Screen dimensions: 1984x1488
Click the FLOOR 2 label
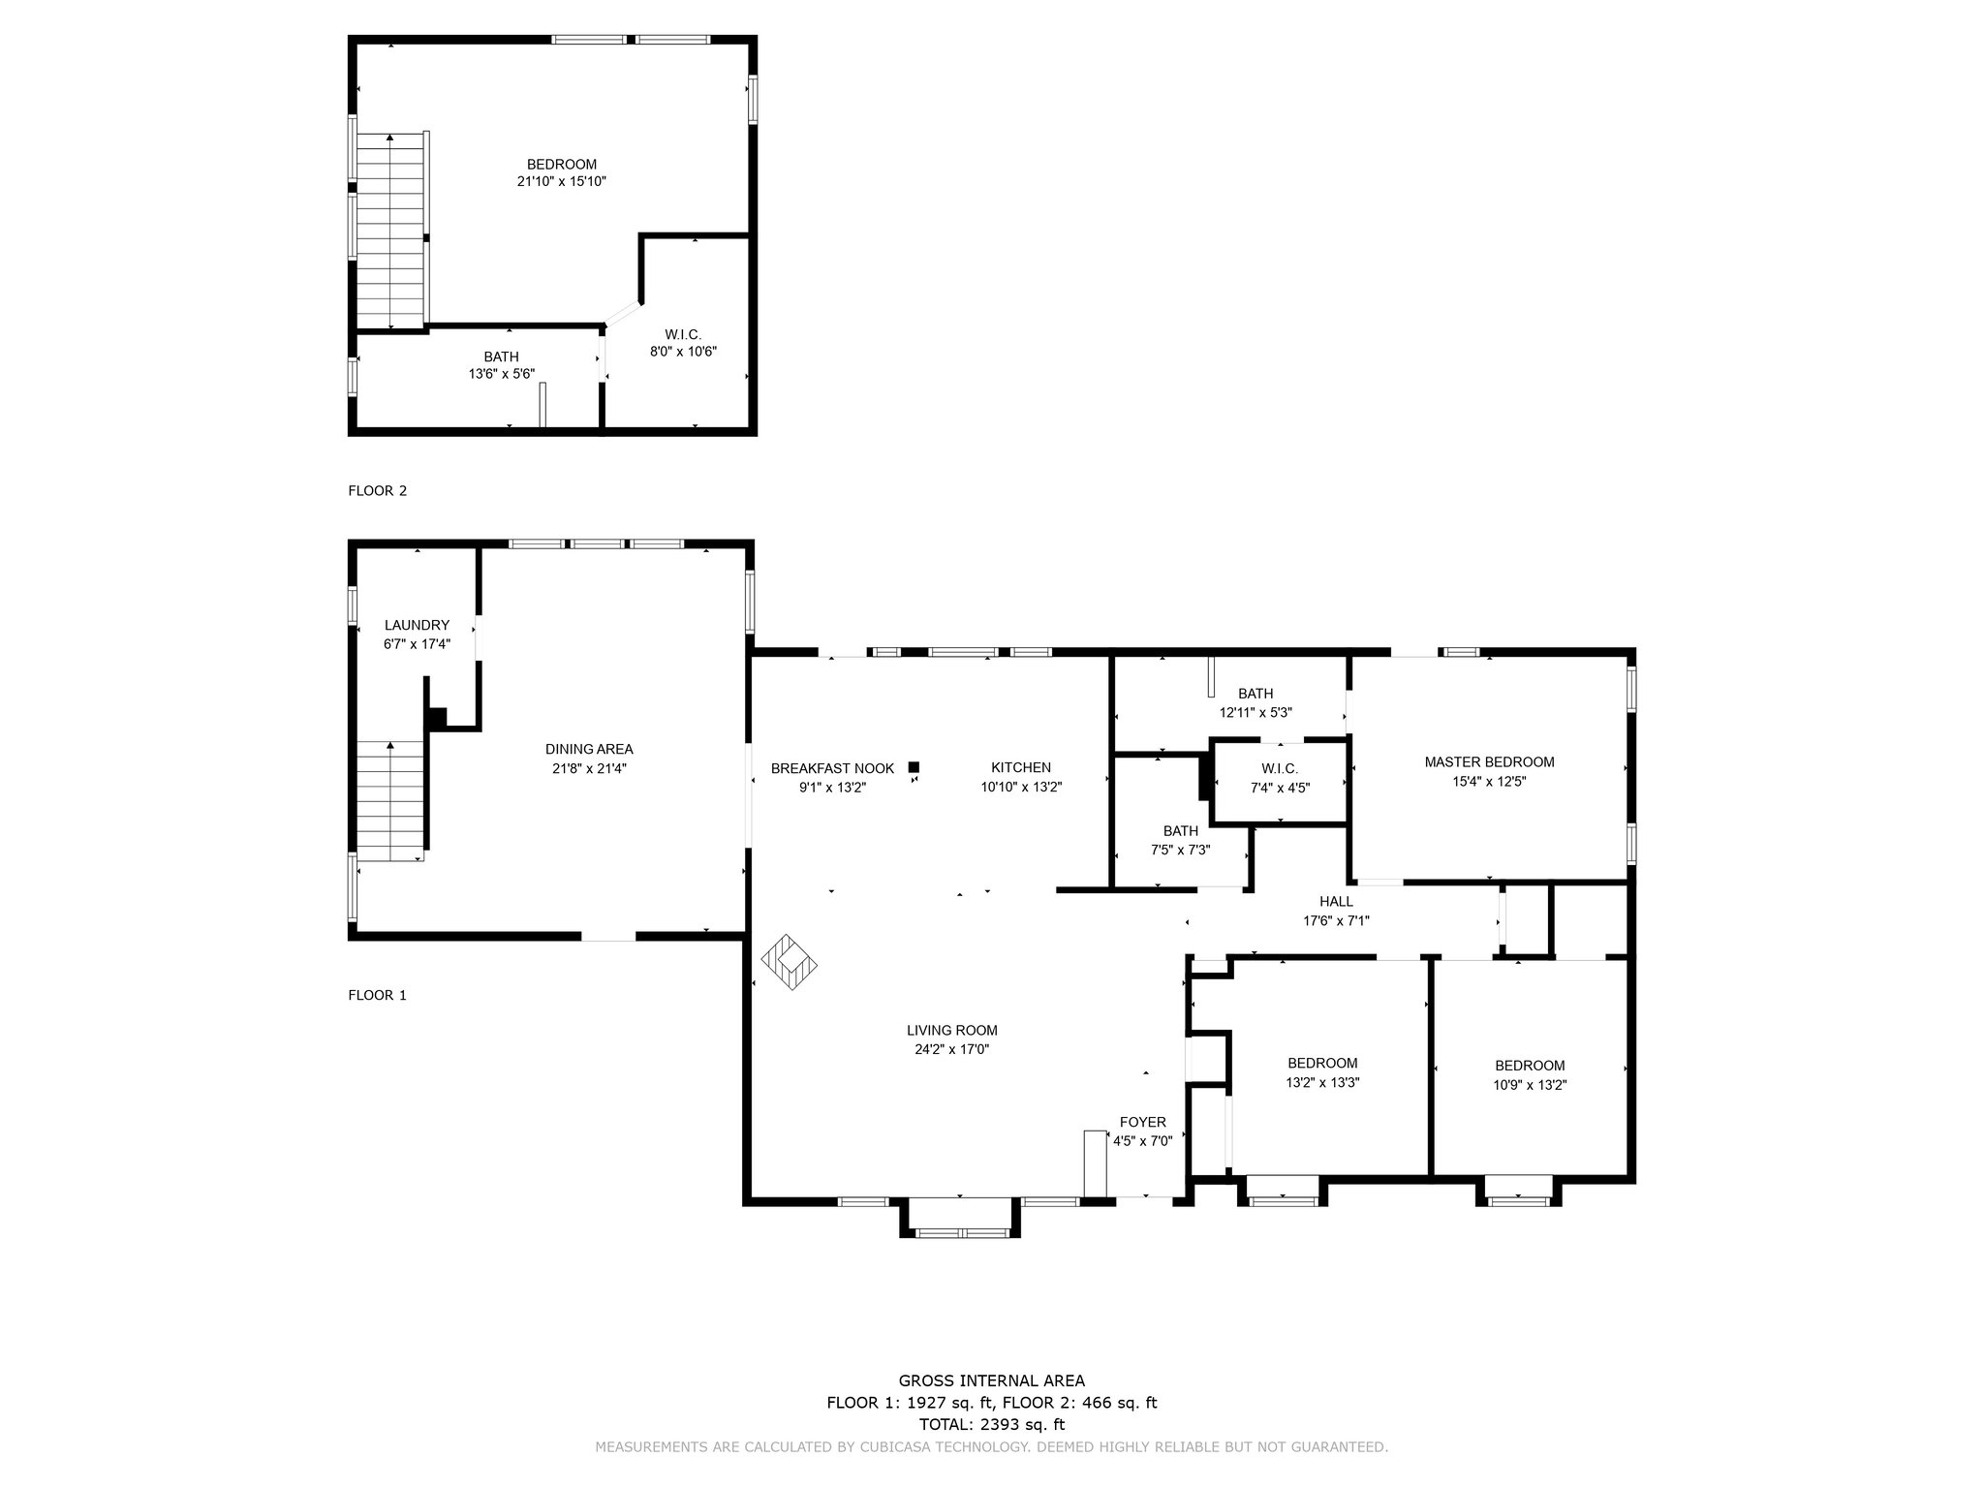tap(378, 491)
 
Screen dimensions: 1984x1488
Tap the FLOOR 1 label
tap(378, 995)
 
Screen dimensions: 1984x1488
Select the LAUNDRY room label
tap(417, 626)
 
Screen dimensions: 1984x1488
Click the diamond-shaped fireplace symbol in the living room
tap(790, 962)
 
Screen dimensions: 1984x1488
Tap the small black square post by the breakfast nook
tap(914, 767)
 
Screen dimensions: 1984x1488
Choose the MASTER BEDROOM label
tap(1489, 762)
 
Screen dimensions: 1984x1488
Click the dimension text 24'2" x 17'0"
tap(952, 1049)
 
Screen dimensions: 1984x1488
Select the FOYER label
tap(1143, 1123)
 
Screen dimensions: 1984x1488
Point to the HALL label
tap(1336, 902)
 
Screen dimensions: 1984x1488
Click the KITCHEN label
tap(1021, 768)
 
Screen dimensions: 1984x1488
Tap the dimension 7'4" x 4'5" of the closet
tap(1280, 788)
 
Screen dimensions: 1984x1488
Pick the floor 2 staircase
tap(391, 231)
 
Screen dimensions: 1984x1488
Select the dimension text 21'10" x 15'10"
tap(562, 181)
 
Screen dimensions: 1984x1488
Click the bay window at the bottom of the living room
tap(961, 1218)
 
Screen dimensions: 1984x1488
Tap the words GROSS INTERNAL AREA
tap(992, 1381)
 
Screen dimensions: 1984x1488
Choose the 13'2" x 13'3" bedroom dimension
tap(1322, 1083)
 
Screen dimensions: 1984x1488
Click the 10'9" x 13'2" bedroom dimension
tap(1530, 1085)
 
